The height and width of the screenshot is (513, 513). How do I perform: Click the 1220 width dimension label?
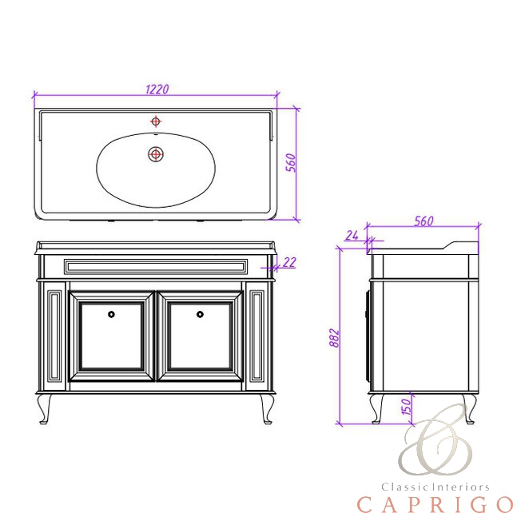click(x=157, y=89)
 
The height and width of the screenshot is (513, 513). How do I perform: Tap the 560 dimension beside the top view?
click(x=291, y=162)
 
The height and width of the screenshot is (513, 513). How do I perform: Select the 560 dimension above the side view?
click(x=424, y=221)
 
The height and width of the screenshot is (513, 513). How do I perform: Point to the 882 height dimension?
click(x=334, y=337)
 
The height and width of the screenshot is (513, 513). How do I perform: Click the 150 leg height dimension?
click(x=406, y=407)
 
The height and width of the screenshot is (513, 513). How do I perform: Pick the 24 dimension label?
click(x=352, y=235)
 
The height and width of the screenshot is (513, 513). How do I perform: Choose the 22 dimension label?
click(x=289, y=262)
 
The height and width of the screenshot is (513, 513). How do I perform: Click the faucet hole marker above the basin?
click(x=156, y=121)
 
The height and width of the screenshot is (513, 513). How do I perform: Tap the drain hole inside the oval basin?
click(x=156, y=153)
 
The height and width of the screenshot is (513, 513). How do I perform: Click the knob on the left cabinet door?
click(x=111, y=314)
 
